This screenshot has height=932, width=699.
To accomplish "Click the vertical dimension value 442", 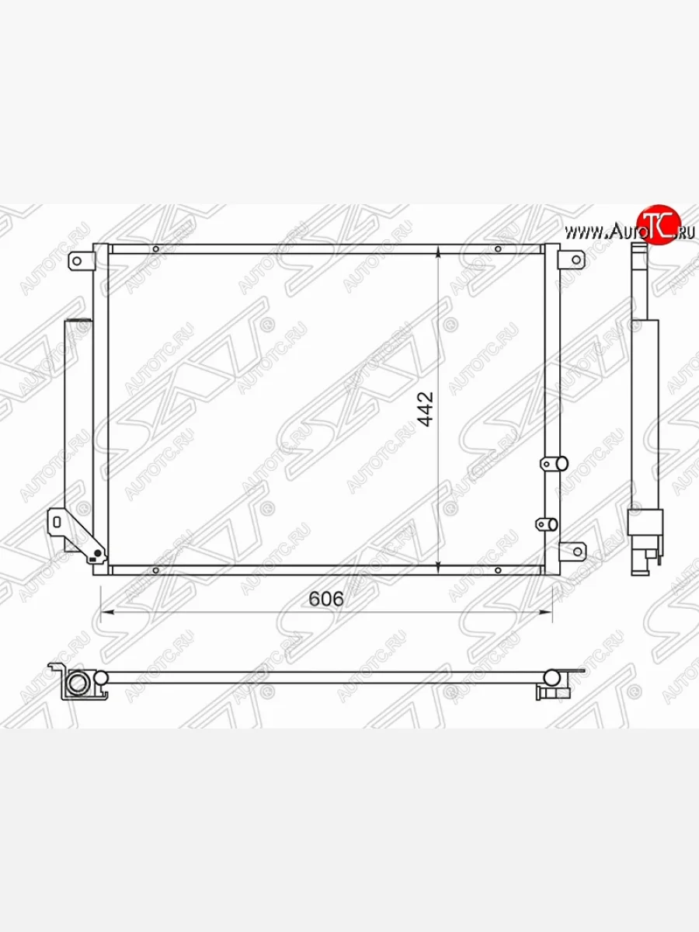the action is click(426, 409).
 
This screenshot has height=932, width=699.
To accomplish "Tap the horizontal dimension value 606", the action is click(326, 599).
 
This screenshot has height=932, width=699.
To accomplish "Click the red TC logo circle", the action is click(659, 224).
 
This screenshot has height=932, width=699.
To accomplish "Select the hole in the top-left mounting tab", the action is click(76, 261).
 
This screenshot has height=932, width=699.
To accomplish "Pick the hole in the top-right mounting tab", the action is click(576, 260).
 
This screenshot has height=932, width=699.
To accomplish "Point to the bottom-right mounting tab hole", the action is click(578, 551).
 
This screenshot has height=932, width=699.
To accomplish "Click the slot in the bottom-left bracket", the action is click(57, 522).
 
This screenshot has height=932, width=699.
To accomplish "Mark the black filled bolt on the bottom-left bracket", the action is click(98, 553).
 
